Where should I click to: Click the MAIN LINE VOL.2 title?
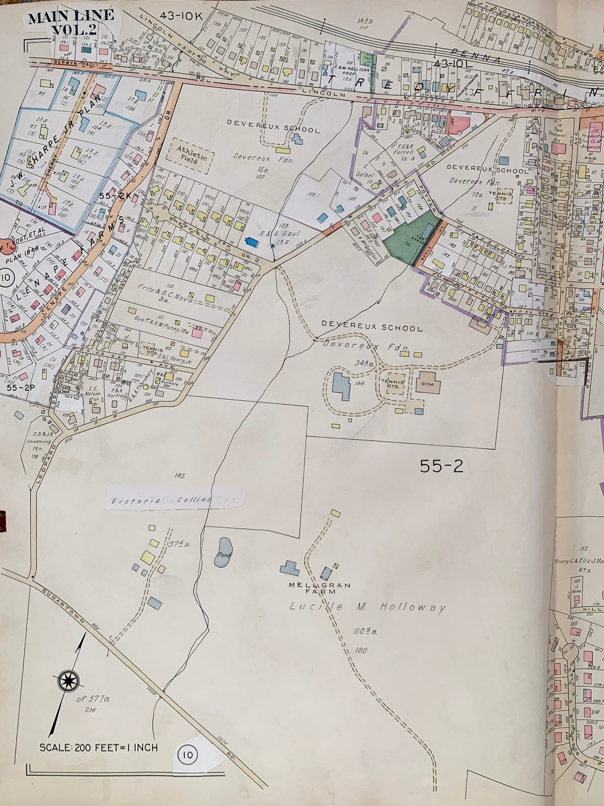[x=70, y=23]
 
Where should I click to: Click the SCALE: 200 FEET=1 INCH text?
[x=99, y=747]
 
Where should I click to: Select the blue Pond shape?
[x=224, y=552]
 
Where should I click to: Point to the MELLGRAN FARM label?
[x=319, y=588]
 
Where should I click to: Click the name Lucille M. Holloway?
[x=368, y=608]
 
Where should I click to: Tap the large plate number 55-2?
[x=441, y=466]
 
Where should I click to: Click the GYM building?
[x=428, y=384]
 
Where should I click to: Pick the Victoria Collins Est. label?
[x=175, y=500]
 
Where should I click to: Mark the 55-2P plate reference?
[x=21, y=388]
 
